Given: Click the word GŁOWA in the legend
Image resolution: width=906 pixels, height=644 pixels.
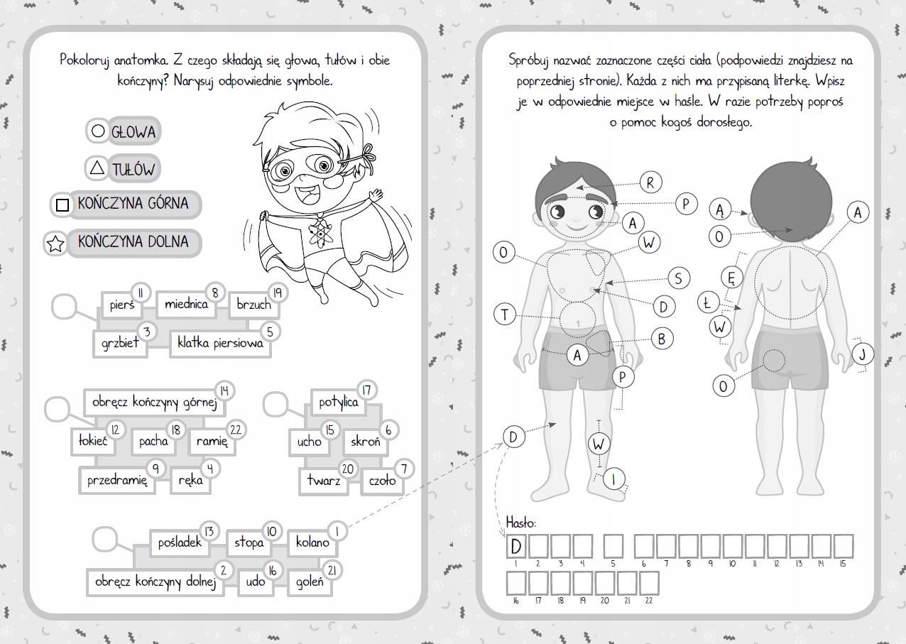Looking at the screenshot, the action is click(x=133, y=132).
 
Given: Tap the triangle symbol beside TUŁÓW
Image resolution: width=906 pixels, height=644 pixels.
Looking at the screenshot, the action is click(x=97, y=168).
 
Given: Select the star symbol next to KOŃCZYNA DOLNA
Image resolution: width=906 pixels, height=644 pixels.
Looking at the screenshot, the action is click(x=55, y=244).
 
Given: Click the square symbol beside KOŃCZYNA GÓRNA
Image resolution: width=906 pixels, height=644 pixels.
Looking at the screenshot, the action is click(x=62, y=205).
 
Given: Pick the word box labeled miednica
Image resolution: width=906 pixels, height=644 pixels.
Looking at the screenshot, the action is click(x=186, y=304).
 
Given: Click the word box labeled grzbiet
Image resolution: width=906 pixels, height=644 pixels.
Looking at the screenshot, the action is click(x=120, y=344).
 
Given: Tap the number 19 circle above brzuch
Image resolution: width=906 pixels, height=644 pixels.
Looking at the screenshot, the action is click(x=278, y=293).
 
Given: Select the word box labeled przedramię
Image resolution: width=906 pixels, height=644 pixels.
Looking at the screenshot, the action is click(x=117, y=481).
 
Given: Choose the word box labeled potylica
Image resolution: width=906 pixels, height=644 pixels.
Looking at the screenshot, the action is click(x=339, y=402).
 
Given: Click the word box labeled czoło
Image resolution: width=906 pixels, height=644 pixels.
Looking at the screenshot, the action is click(x=382, y=481).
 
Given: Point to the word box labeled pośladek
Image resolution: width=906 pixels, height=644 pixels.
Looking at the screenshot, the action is click(x=180, y=542).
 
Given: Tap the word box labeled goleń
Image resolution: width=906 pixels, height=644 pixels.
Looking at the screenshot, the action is click(x=310, y=582).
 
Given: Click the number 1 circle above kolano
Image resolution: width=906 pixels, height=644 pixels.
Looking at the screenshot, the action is click(x=337, y=531).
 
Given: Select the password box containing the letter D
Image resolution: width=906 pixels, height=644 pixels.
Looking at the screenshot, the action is click(x=516, y=547).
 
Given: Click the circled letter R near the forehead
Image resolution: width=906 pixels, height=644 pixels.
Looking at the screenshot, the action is click(x=651, y=182).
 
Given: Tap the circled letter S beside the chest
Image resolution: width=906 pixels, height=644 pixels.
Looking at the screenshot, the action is click(x=679, y=278).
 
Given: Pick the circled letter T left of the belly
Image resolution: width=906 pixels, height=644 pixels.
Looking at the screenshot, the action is click(x=505, y=315).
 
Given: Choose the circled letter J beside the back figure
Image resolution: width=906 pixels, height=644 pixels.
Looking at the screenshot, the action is click(x=862, y=354).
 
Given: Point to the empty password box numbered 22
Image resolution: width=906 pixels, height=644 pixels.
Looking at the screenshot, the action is click(x=649, y=584).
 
